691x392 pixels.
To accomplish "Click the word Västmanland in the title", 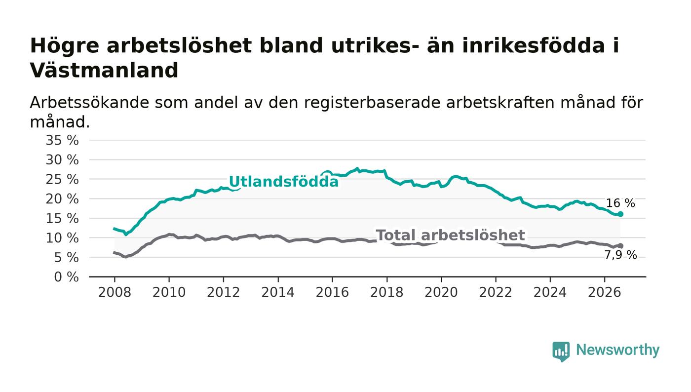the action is point(104,70).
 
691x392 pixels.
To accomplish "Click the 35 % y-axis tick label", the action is point(62,140).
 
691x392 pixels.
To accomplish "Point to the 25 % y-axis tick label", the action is point(62,179).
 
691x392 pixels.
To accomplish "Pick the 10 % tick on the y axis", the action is point(62,238).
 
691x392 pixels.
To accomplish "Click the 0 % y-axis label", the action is point(66,277).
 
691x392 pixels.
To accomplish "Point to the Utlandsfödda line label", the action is point(284,182).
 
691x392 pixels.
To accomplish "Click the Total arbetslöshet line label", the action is point(450,235).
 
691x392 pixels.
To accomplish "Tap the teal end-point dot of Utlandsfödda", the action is point(620,214).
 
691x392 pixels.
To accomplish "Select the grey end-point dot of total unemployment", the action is point(620,246).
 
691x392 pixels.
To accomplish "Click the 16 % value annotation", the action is point(620,203).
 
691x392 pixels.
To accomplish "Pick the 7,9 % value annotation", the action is point(620,255).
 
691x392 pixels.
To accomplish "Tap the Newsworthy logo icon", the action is point(561,352).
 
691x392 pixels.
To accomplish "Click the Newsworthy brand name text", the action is point(618,350).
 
